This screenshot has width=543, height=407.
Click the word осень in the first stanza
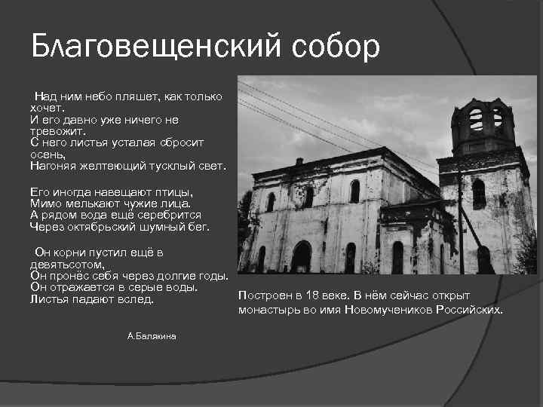(x=48, y=153)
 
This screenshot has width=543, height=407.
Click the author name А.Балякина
(x=152, y=335)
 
